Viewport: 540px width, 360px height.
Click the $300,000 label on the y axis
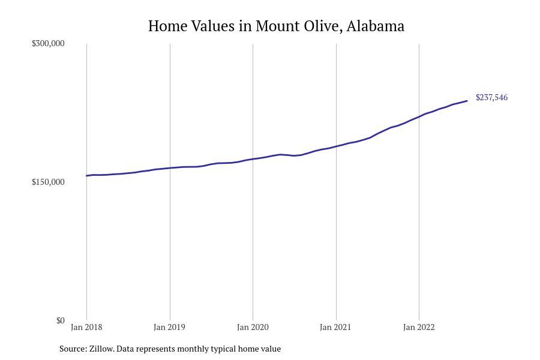pos(48,43)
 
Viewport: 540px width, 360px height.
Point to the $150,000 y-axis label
pos(48,182)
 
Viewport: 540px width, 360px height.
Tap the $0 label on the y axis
pos(60,320)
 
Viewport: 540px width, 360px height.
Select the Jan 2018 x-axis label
pos(86,327)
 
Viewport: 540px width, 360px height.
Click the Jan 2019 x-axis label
pos(169,327)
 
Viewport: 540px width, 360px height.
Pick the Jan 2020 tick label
pos(253,327)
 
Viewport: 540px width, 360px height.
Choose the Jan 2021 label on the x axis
pos(335,327)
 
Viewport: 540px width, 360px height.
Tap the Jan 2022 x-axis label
pos(419,327)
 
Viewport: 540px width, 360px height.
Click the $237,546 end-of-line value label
pos(491,97)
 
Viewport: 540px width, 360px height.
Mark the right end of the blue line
pos(467,101)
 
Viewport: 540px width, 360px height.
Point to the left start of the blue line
pos(87,176)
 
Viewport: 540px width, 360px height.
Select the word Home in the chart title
pos(166,26)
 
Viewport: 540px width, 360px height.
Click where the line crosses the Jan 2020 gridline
pos(253,159)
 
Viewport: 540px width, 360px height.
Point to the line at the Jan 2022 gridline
pos(419,116)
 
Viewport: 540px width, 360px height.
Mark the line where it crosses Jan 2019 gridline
pos(170,168)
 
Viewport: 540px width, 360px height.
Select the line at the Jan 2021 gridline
pos(336,146)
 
